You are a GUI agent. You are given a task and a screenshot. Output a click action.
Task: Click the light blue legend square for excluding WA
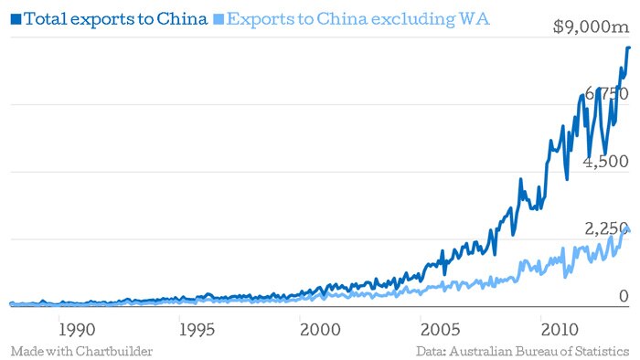click(217, 18)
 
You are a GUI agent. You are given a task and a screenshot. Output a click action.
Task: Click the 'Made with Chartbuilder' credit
click(81, 351)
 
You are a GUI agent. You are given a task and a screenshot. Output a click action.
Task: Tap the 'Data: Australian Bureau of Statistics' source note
click(522, 351)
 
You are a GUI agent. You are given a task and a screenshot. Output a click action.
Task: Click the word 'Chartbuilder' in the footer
click(114, 351)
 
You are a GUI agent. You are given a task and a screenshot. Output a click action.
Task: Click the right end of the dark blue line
click(629, 48)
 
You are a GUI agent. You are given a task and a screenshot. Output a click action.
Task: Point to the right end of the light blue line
click(629, 230)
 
